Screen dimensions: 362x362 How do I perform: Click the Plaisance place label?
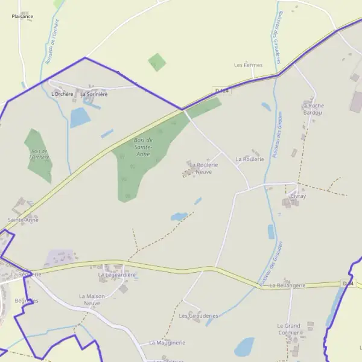(22, 16)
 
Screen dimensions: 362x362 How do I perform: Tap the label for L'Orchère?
(62, 94)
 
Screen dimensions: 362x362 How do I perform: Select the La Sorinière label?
(94, 94)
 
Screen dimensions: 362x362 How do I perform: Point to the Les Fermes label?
(247, 65)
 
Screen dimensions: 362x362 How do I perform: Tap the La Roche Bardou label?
(313, 109)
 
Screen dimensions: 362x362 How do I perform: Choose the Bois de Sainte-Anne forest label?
(143, 147)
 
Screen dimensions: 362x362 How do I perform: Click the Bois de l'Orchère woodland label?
(40, 154)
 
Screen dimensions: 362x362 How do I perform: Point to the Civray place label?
(298, 196)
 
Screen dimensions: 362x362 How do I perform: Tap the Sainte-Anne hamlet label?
(23, 220)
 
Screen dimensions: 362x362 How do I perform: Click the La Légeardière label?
(117, 275)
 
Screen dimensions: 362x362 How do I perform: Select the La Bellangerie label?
(288, 285)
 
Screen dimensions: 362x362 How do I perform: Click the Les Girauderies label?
(198, 316)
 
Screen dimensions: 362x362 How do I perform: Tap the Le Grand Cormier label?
(288, 329)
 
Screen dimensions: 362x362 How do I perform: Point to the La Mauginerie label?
(167, 343)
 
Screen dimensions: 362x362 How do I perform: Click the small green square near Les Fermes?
(157, 62)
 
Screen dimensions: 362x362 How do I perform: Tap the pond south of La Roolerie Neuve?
(179, 216)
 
